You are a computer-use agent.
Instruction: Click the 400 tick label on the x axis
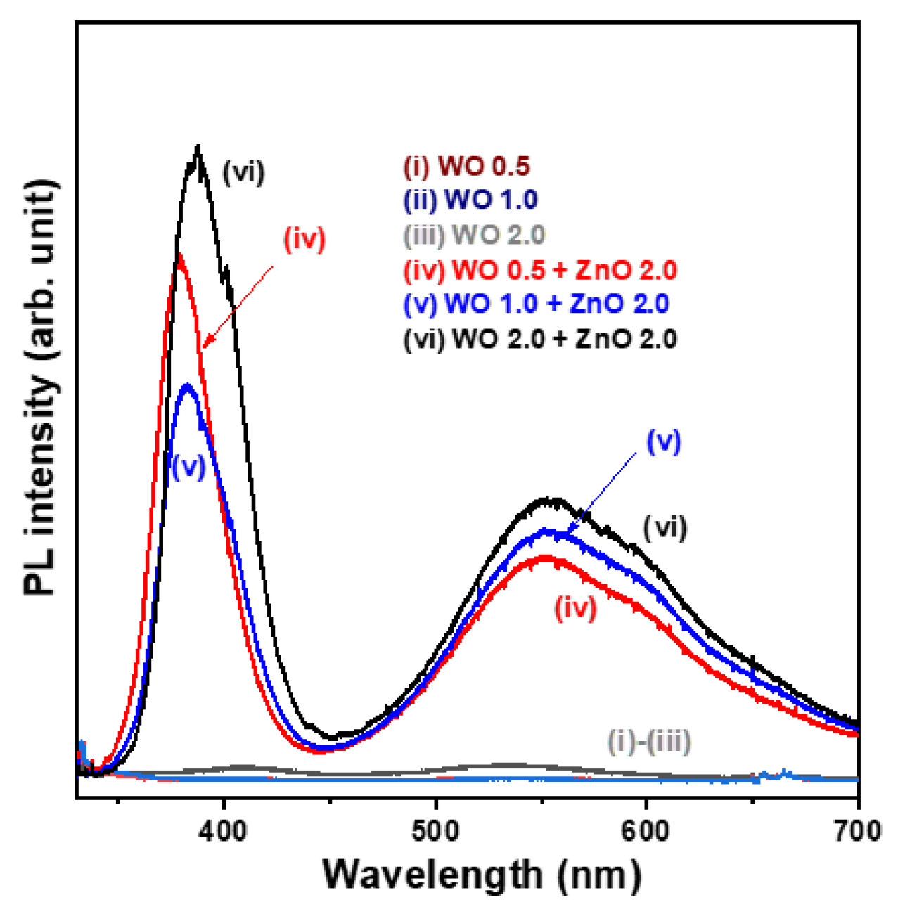coord(224,830)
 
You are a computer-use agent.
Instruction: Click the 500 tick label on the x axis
coord(435,830)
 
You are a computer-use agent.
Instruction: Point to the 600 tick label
coord(646,830)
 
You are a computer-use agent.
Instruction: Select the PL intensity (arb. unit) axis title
coord(40,388)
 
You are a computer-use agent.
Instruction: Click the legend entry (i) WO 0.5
coord(466,167)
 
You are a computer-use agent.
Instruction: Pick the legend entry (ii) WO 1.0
coord(470,200)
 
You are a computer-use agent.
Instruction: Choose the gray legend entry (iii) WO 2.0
coord(474,235)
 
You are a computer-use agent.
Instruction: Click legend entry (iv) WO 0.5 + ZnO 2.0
coord(539,270)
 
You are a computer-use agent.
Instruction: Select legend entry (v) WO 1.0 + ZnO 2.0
coord(536,304)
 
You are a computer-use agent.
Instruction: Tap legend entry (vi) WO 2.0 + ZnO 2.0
coord(539,339)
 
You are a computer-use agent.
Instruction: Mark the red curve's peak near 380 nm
coord(180,255)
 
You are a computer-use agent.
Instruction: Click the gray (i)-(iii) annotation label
coord(648,742)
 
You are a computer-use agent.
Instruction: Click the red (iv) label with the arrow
coord(304,240)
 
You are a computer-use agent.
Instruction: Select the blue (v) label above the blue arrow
coord(663,442)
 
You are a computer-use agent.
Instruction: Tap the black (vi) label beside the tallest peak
coord(243,172)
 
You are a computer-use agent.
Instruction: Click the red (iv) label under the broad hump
coord(575,607)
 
